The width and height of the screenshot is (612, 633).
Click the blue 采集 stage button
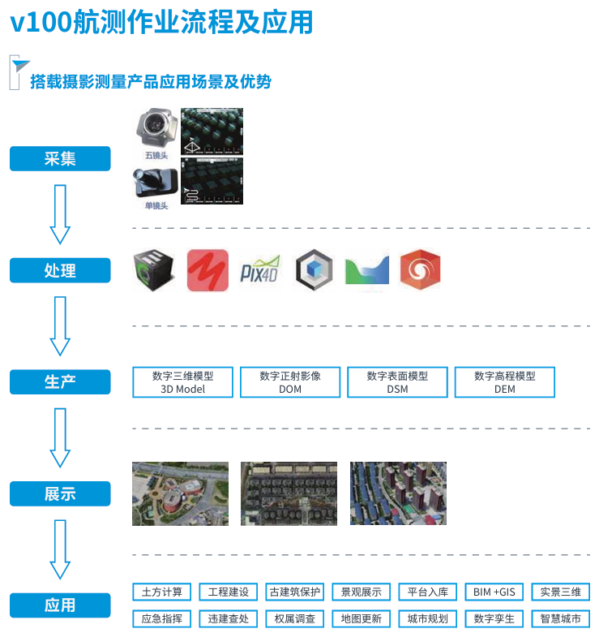(60, 158)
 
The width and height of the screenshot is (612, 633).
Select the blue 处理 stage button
(60, 270)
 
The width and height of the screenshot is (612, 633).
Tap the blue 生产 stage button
(60, 381)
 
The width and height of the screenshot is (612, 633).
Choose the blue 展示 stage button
(60, 493)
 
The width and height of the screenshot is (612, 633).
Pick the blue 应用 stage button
(60, 605)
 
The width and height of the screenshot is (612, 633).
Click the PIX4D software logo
(260, 270)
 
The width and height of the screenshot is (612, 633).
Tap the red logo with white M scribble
(208, 270)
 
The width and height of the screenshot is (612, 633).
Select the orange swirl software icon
(420, 270)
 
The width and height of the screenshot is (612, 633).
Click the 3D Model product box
(182, 382)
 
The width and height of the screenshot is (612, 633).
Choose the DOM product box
(290, 382)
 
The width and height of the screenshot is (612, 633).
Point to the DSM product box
(397, 382)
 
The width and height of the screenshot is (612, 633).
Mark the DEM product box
(505, 382)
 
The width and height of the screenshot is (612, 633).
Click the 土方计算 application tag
(162, 592)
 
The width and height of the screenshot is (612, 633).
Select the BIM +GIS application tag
(494, 592)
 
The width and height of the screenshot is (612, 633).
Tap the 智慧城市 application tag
(560, 618)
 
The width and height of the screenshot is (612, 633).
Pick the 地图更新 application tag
(361, 618)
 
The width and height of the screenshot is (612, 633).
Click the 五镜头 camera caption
(156, 154)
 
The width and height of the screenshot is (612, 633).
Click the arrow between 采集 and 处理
(61, 213)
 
